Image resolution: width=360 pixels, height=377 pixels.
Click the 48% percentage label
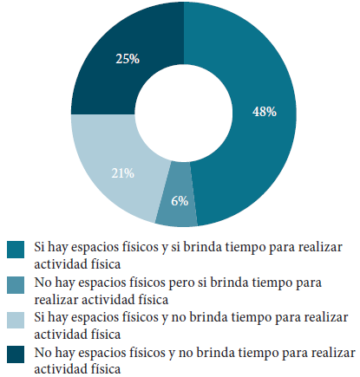coord(264,111)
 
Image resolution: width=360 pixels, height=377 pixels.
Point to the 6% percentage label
coord(179,200)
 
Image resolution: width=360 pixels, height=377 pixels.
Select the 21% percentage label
coord(122,173)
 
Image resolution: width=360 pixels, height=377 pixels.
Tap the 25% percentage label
coord(128,59)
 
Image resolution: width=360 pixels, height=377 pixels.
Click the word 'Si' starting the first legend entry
coord(39,248)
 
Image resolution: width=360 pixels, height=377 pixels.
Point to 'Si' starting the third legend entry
coord(39,317)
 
